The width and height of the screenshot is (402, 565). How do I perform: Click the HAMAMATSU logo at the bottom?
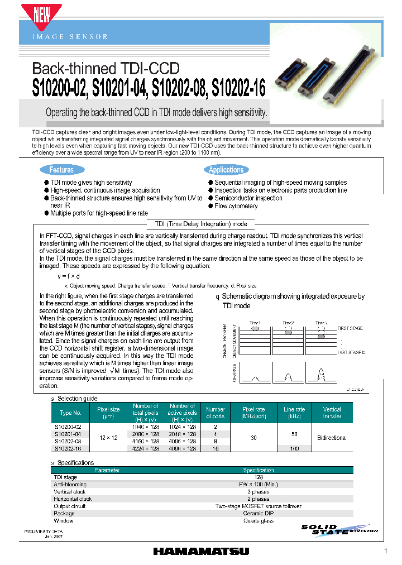pos(201,551)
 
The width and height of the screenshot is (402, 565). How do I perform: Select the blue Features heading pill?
pos(61,170)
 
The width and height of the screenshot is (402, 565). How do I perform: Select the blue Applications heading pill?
pos(226,170)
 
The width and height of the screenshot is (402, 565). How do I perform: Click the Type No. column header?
pos(71,413)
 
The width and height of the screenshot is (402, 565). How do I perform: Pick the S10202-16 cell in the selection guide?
pos(68,448)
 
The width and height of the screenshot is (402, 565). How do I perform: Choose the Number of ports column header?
pos(215,413)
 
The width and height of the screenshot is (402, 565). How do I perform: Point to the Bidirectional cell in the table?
pos(332,437)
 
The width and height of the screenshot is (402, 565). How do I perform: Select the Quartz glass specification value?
pos(259,520)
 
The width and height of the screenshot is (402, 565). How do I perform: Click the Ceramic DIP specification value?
pos(259,513)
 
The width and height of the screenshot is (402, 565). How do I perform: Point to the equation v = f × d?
pos(69,276)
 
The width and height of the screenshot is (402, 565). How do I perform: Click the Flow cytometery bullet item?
pos(236,206)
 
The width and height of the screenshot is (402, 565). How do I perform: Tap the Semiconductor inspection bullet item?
pos(248,198)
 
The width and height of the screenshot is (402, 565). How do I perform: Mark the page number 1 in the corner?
pos(385,552)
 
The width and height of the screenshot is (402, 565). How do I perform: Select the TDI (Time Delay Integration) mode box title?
pos(200,224)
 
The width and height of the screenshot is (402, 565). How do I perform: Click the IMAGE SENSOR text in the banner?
pos(70,36)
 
